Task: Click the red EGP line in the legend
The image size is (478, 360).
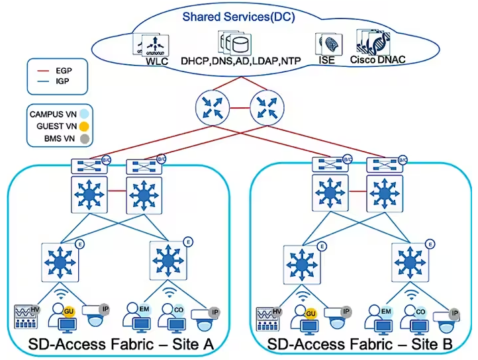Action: click(x=42, y=69)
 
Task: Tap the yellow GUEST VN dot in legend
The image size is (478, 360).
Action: click(x=83, y=126)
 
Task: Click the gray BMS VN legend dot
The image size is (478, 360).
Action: click(x=83, y=138)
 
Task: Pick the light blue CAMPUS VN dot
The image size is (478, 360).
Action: click(x=83, y=113)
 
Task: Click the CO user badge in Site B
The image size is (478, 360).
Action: click(x=420, y=310)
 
